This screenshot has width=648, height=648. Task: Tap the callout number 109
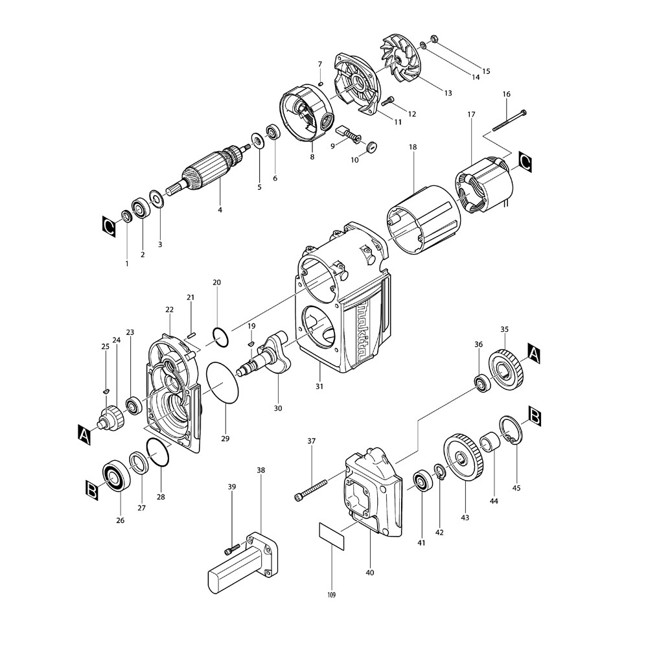(332, 594)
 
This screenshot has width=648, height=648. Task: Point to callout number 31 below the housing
(319, 386)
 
